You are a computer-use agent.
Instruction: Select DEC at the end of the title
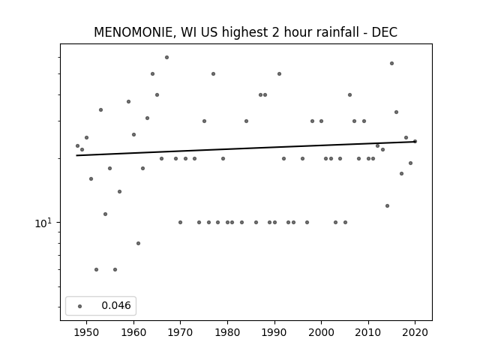[385, 32]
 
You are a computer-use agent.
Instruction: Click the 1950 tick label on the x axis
[86, 332]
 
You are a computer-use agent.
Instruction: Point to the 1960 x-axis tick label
[133, 332]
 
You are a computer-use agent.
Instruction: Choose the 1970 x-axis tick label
[180, 332]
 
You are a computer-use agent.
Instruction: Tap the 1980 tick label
[227, 332]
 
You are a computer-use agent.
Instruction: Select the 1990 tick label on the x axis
[274, 332]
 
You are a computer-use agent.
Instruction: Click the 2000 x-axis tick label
[321, 332]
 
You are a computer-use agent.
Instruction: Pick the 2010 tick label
[368, 332]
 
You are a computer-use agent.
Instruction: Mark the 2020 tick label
[415, 332]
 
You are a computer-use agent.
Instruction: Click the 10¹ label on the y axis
[43, 223]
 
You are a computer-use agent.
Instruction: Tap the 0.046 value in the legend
[116, 305]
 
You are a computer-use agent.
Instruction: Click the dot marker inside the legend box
[80, 306]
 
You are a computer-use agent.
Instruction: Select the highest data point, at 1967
[166, 57]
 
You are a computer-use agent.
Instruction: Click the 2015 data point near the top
[391, 63]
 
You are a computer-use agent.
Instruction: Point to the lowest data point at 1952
[97, 270]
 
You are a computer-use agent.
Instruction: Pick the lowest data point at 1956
[115, 270]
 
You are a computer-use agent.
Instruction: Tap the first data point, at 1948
[77, 146]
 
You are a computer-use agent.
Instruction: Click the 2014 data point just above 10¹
[387, 205]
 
